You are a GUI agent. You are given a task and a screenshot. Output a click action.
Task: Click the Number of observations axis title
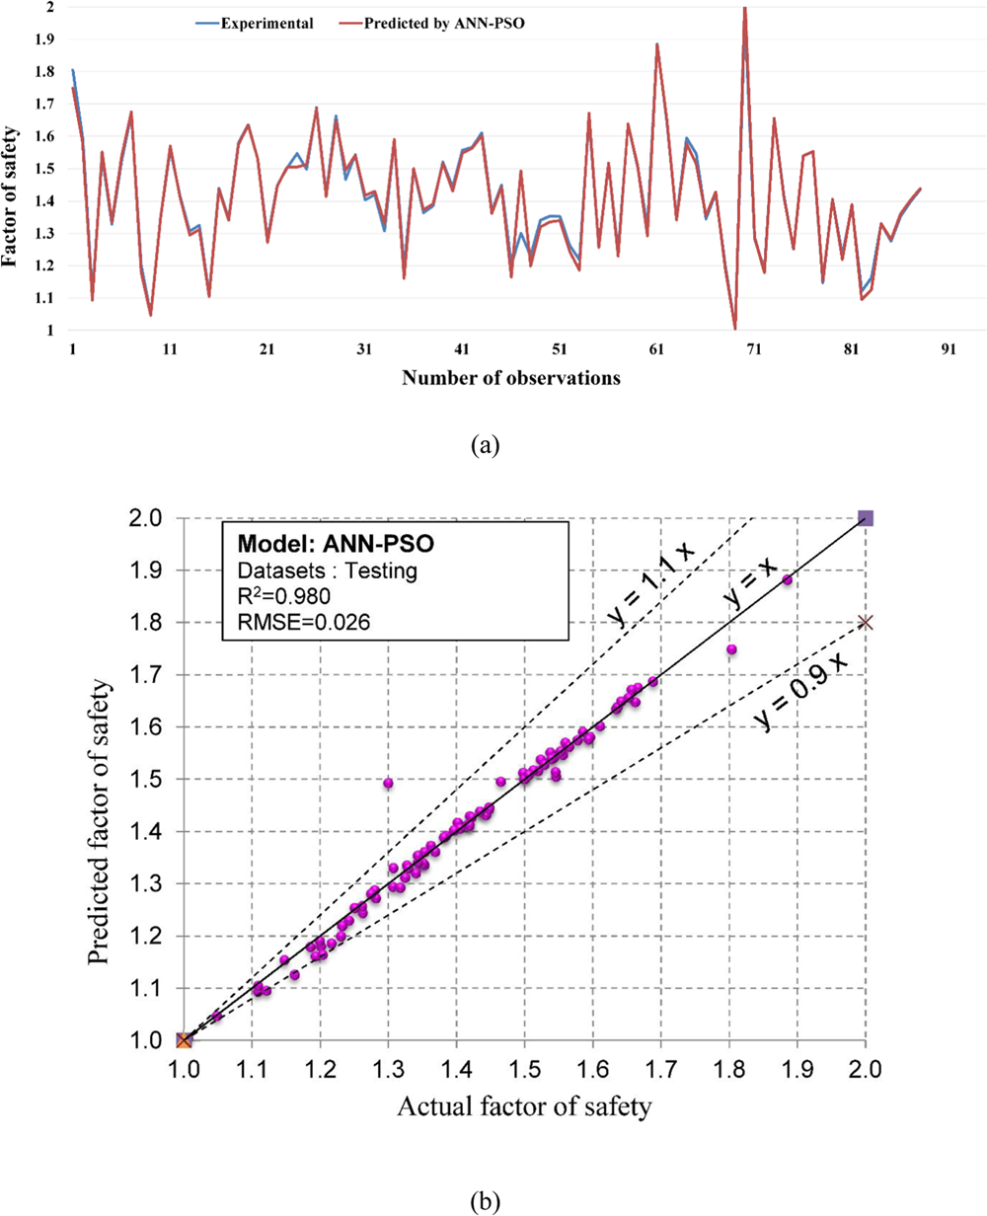click(x=511, y=378)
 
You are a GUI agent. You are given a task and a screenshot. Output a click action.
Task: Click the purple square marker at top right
click(x=866, y=518)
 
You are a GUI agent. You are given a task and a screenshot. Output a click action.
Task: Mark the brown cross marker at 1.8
click(x=866, y=622)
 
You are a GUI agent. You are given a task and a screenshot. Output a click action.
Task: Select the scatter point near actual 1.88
click(x=788, y=580)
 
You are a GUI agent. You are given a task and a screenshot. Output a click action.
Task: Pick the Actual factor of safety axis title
click(x=524, y=1107)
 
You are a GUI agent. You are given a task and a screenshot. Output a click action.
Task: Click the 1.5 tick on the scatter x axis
click(x=524, y=1068)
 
